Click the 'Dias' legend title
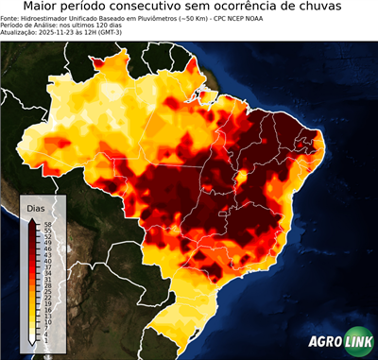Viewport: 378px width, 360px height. click(x=36, y=208)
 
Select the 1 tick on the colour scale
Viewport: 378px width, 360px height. click(x=45, y=339)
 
